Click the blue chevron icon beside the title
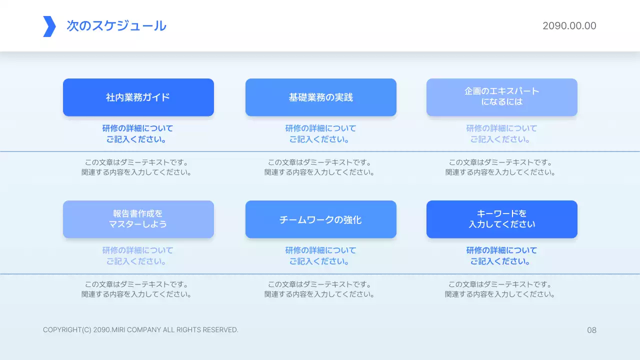49,26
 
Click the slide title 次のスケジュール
116,26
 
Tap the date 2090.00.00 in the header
569,26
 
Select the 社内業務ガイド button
138,97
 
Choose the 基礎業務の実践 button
321,97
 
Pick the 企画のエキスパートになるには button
502,97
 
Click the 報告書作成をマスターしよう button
138,219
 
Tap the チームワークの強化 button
321,219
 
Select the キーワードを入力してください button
502,219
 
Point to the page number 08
591,330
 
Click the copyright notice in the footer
140,330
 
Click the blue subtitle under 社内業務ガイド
138,134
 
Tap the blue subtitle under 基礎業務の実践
321,134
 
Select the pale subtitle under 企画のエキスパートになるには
502,134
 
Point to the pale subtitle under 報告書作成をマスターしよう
138,255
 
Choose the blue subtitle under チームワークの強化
321,255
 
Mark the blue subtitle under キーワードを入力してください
502,255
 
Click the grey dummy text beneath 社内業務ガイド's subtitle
136,167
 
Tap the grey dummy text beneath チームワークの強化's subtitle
319,289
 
